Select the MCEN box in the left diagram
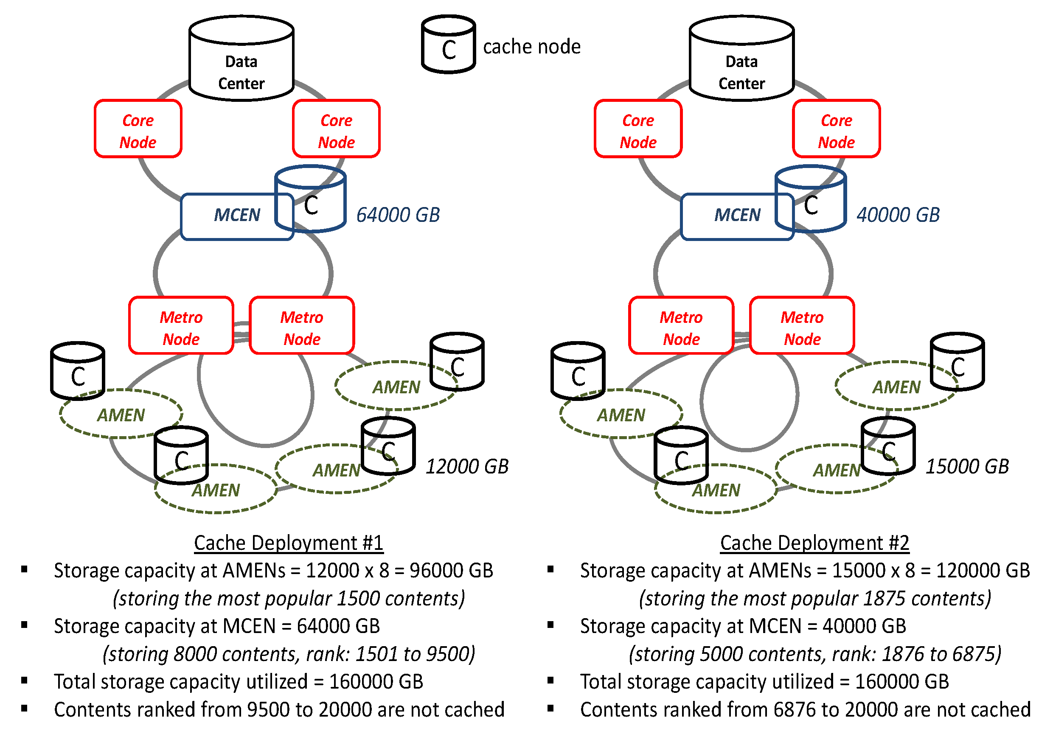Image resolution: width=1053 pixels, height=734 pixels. [x=229, y=216]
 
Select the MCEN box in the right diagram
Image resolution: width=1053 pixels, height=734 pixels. [x=729, y=216]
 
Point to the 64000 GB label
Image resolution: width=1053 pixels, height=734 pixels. [x=398, y=215]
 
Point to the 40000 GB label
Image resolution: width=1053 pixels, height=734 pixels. [x=898, y=215]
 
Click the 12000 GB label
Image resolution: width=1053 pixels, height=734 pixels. [x=467, y=467]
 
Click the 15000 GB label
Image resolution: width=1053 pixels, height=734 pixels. [x=967, y=467]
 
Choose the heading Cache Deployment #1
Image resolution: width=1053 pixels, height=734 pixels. [x=289, y=543]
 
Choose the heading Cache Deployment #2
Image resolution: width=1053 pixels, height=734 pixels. [x=814, y=543]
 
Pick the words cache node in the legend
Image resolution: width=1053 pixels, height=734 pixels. [x=532, y=47]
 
